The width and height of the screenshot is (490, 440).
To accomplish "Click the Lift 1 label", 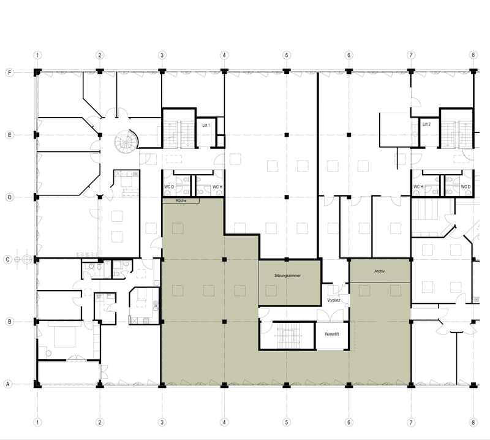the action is (x=206, y=126).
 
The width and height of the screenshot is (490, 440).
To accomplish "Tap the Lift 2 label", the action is (x=426, y=124).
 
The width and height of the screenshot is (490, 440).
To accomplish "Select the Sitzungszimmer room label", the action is (x=287, y=276).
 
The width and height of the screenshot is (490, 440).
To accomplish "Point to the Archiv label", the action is (x=379, y=271).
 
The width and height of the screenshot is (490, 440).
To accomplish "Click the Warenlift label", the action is (x=331, y=334).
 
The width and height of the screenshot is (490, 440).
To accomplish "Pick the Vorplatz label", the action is (x=333, y=300).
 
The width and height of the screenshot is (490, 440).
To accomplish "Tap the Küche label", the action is (x=181, y=201).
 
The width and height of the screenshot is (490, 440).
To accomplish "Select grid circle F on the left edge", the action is (x=10, y=72).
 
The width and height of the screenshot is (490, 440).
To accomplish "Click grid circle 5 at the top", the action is (x=287, y=55).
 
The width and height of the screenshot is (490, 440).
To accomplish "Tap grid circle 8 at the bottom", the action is (x=473, y=422).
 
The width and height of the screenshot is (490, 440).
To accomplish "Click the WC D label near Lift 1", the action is (x=169, y=187).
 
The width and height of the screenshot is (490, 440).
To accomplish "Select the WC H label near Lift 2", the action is (x=418, y=187).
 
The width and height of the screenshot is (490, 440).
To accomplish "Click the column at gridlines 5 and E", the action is (x=287, y=135).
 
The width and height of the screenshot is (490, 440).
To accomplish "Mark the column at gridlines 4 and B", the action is (x=224, y=322).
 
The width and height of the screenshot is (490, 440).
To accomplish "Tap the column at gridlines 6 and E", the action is (x=349, y=135).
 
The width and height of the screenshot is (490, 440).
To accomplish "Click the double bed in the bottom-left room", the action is (x=65, y=337).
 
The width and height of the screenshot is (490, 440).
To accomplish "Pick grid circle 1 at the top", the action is (x=37, y=55).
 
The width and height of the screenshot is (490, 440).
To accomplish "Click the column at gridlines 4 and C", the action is (x=224, y=259).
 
